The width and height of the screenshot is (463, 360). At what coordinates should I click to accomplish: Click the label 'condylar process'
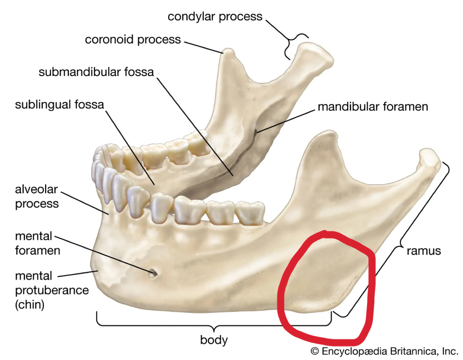215,17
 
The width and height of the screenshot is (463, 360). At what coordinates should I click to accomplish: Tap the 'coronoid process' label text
133,40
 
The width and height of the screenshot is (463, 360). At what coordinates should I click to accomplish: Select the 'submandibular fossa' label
96,72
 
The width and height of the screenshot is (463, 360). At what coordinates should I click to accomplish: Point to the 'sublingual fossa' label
59,104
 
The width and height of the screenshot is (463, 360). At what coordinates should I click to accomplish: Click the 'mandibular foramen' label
373,107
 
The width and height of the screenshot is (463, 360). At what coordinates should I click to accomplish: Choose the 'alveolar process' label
37,196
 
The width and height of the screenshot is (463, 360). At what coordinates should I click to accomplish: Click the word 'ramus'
423,251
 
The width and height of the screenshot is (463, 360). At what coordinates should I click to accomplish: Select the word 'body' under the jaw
214,340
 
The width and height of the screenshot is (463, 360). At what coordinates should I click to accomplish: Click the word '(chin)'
30,304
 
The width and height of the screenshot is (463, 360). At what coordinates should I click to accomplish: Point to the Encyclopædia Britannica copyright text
384,351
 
